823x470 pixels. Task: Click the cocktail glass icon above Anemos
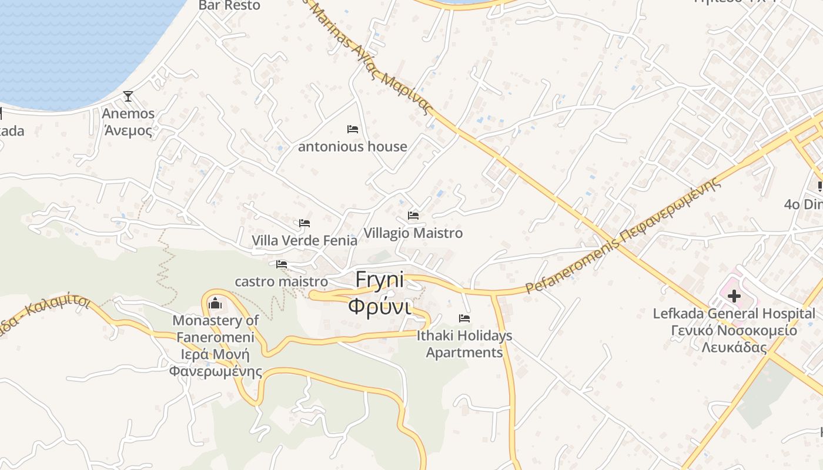click(128, 96)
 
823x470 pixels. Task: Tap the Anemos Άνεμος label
click(128, 122)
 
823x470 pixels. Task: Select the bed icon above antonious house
click(353, 129)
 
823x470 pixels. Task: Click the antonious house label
click(353, 146)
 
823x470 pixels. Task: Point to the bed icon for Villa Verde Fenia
click(305, 223)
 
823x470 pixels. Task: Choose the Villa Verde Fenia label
click(305, 240)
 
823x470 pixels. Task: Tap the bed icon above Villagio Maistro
click(413, 216)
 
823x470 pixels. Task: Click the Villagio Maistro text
click(413, 233)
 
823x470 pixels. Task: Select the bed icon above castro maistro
click(282, 264)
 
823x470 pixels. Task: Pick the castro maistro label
click(282, 281)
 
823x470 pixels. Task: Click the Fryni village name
click(380, 280)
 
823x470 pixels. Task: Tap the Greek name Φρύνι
click(380, 305)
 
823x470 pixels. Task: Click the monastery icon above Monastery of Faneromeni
click(215, 303)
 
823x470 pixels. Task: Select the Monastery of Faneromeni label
click(215, 345)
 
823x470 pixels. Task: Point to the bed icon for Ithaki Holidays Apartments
click(464, 318)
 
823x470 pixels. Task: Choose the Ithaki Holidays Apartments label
click(464, 344)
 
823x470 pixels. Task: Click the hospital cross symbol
click(734, 296)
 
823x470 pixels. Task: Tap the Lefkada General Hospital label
click(734, 330)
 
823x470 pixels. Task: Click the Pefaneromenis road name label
click(623, 235)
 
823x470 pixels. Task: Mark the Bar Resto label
click(229, 5)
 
